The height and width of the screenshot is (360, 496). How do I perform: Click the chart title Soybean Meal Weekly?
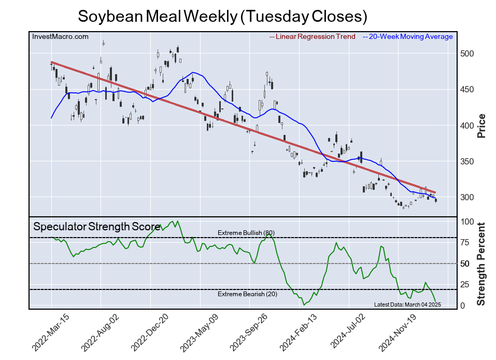tap(222, 16)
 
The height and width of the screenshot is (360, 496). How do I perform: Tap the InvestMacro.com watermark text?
tap(60, 36)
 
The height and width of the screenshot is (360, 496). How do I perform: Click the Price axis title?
tap(481, 126)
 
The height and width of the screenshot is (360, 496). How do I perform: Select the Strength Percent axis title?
tap(481, 264)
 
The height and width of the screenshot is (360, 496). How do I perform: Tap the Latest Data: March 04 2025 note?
tap(407, 304)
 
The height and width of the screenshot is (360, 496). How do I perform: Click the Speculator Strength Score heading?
tap(96, 227)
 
